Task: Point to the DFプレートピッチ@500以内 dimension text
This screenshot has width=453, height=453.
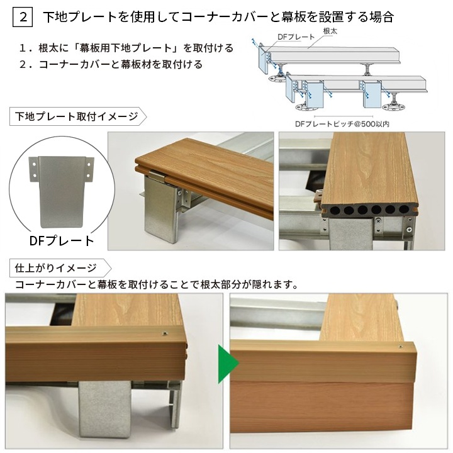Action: click(x=342, y=124)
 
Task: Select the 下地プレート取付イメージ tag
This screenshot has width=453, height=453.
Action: click(x=75, y=116)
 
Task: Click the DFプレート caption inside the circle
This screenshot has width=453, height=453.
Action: click(x=62, y=240)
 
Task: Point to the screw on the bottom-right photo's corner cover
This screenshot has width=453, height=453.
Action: click(x=400, y=346)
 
